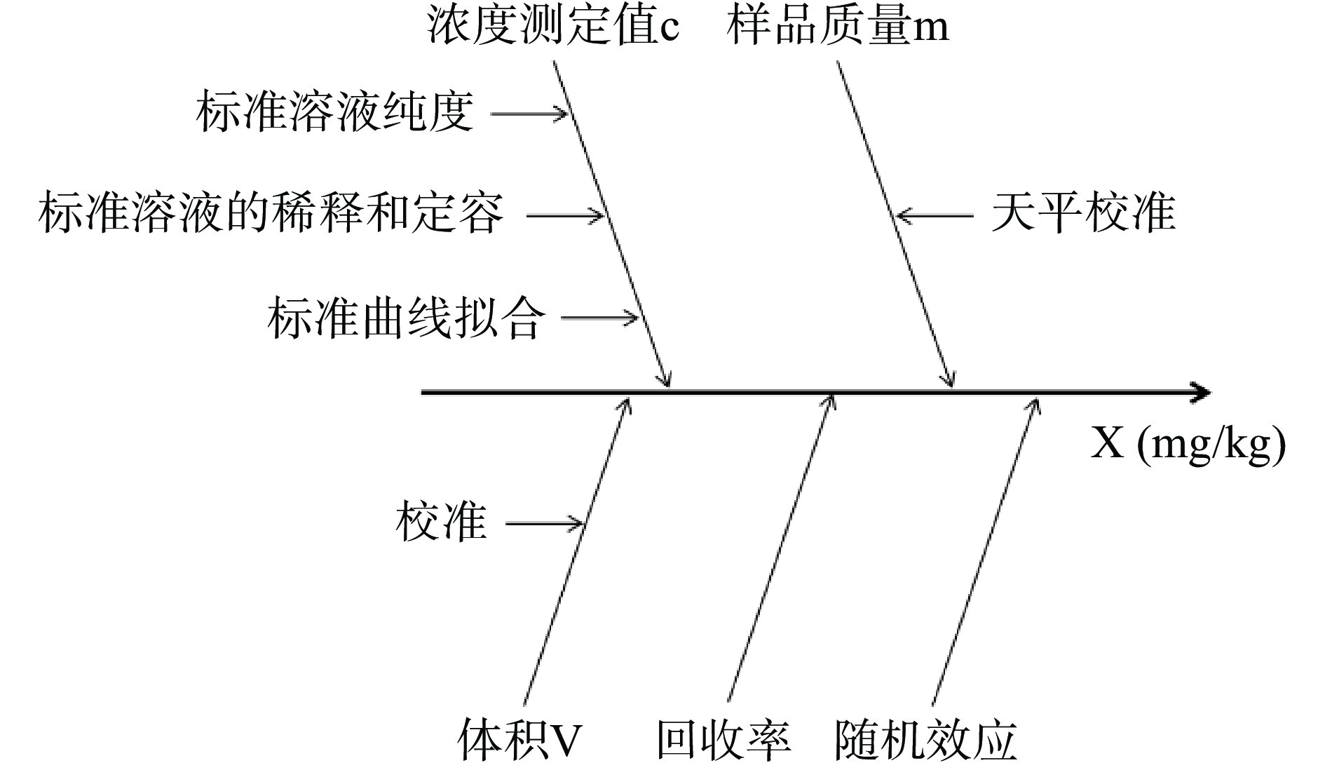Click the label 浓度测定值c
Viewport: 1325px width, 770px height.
coord(553,27)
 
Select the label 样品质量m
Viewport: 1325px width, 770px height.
coord(838,27)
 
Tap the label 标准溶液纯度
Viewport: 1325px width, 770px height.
coord(334,112)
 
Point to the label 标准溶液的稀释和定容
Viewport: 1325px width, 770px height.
coord(271,213)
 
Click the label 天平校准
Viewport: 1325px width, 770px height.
coord(1083,213)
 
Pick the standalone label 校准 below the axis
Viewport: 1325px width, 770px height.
coord(441,522)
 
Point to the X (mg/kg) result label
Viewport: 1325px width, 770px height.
coord(1188,444)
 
